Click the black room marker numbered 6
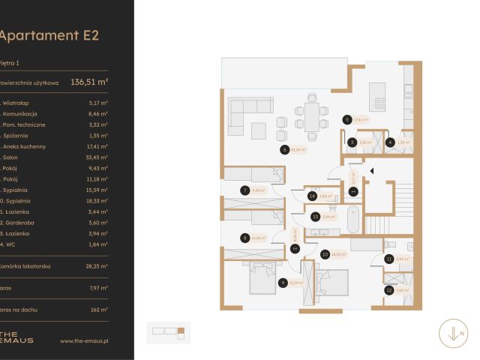(x=284, y=149)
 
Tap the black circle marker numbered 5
(x=346, y=118)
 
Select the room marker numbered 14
(x=311, y=196)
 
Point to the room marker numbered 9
(x=283, y=283)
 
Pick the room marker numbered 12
(x=388, y=289)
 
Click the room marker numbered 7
(x=244, y=190)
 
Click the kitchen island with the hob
(x=379, y=104)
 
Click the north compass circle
(x=454, y=332)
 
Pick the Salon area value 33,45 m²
(x=97, y=158)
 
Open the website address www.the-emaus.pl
(x=84, y=340)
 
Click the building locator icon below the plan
(x=171, y=330)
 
